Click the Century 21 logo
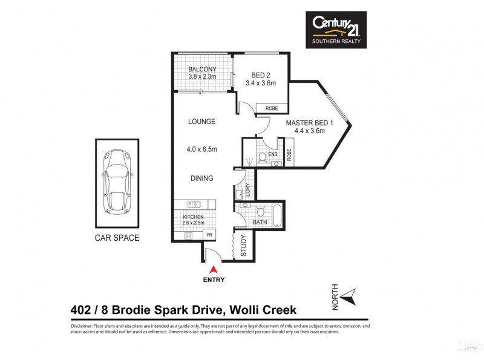338,29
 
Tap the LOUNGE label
201,122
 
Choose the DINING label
201,178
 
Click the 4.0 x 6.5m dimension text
201,150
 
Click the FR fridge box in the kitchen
209,235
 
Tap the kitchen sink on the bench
194,204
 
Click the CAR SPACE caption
117,238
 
